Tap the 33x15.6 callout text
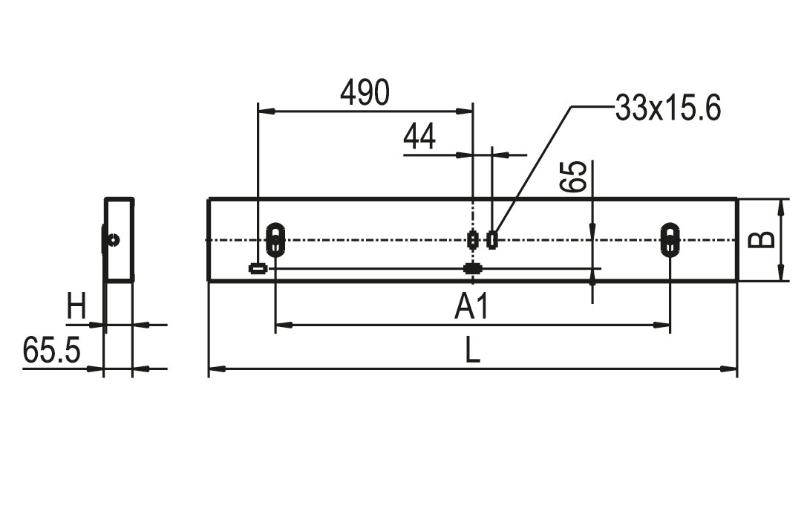click(x=667, y=109)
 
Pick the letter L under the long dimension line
click(x=472, y=351)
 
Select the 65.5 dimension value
click(x=50, y=350)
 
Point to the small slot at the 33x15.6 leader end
click(x=491, y=239)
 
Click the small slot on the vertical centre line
click(x=472, y=239)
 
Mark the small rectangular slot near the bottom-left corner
click(x=258, y=268)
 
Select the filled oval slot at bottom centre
click(x=472, y=268)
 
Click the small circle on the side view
click(x=112, y=239)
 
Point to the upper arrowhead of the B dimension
click(x=781, y=205)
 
